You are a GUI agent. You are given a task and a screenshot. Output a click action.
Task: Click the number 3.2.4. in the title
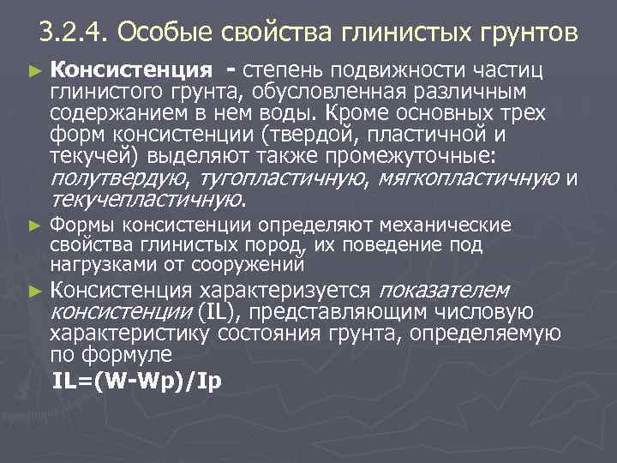click(x=74, y=33)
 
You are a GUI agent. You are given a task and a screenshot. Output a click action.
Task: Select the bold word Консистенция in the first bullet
click(x=131, y=69)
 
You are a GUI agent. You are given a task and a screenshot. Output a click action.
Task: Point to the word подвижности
click(x=386, y=69)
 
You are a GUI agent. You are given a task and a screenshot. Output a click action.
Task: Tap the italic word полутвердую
click(x=120, y=178)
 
